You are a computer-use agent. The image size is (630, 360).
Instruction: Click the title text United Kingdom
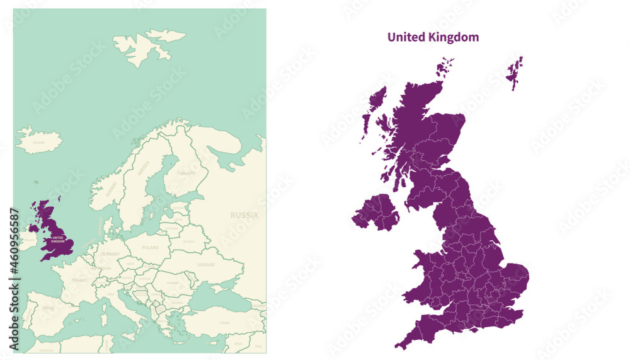[433, 37]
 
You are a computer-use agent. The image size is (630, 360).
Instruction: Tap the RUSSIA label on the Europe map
[244, 215]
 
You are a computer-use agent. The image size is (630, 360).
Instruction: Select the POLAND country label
[151, 248]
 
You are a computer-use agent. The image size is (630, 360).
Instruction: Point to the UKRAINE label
[206, 265]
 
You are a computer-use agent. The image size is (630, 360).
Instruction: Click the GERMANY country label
[110, 253]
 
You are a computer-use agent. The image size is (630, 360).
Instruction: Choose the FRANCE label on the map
[79, 279]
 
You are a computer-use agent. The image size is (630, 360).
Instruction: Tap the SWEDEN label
[144, 169]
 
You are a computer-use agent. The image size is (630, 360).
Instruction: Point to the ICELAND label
[38, 142]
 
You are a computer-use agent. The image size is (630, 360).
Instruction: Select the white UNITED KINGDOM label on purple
[57, 239]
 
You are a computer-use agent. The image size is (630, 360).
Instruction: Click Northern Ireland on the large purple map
[376, 212]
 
